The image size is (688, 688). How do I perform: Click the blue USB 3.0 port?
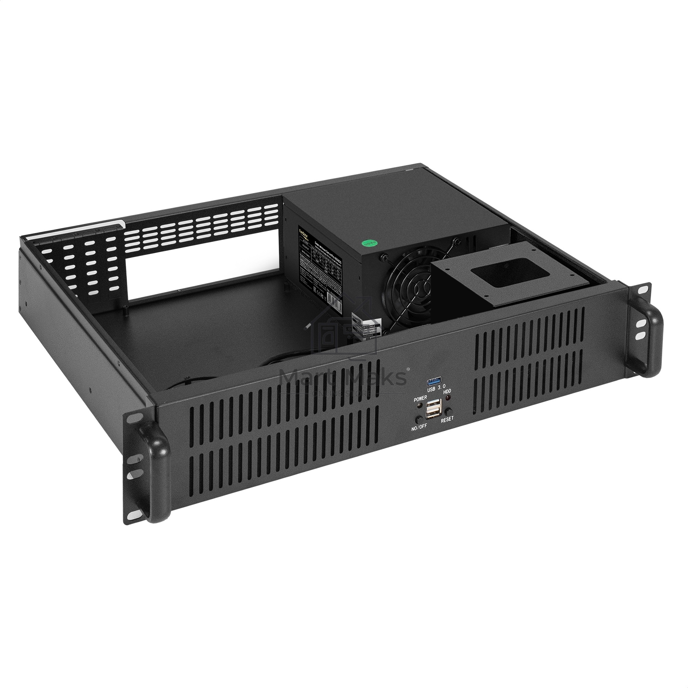click(434, 382)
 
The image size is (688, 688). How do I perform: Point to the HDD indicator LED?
click(448, 398)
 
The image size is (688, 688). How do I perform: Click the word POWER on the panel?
click(421, 398)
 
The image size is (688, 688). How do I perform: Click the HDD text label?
click(447, 392)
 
